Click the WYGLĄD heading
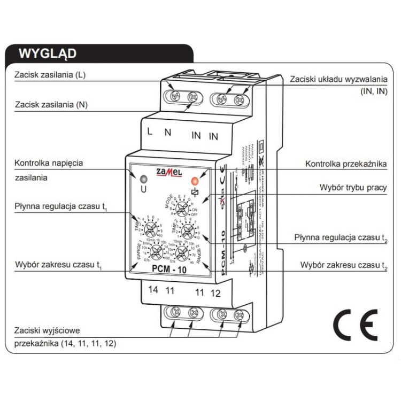point(47,53)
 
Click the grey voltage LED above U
point(143,180)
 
